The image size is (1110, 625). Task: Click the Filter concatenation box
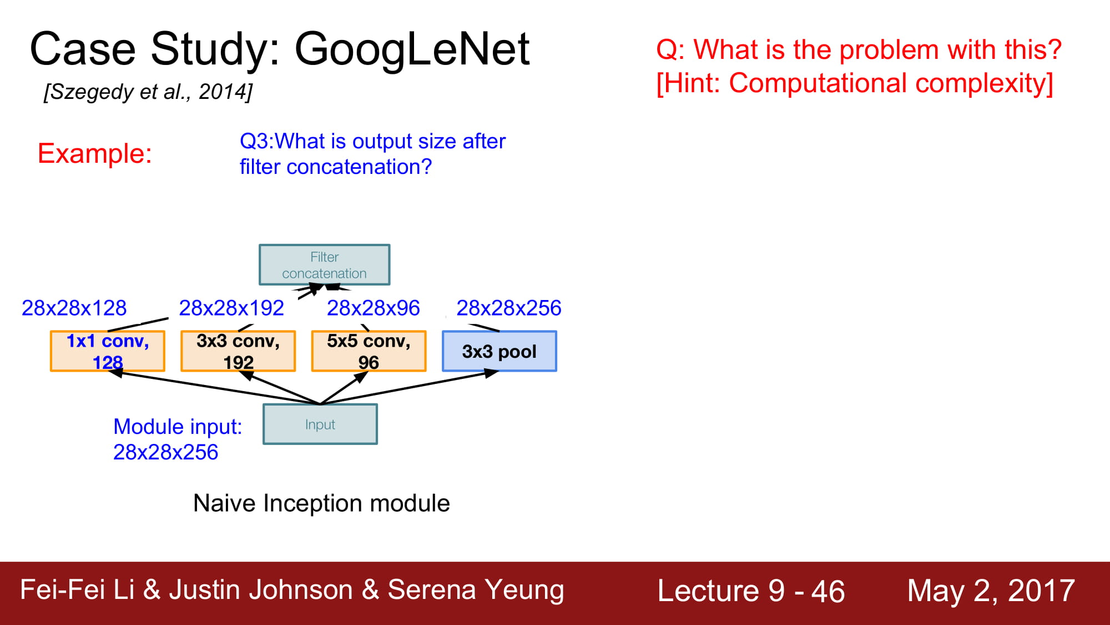(x=325, y=264)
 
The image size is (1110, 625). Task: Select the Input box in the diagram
(x=320, y=424)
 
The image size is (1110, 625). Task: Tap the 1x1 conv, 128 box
(x=108, y=351)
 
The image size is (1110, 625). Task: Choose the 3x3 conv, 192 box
(x=238, y=351)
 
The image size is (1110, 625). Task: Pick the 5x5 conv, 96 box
(x=369, y=351)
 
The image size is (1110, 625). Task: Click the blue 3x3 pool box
(x=500, y=351)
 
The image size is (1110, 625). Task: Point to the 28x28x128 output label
(x=74, y=308)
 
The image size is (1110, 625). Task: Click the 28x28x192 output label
(x=231, y=308)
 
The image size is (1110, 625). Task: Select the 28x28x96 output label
(x=373, y=308)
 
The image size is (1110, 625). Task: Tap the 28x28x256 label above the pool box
(x=509, y=308)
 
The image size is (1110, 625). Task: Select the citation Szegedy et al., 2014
(x=148, y=92)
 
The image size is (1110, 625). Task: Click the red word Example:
(x=95, y=153)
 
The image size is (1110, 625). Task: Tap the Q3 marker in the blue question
(x=256, y=142)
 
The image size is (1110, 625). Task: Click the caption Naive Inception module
(x=321, y=503)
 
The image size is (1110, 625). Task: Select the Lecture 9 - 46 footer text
(x=751, y=591)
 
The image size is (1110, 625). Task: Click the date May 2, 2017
(x=991, y=591)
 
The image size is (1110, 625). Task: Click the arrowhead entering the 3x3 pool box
(x=492, y=373)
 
